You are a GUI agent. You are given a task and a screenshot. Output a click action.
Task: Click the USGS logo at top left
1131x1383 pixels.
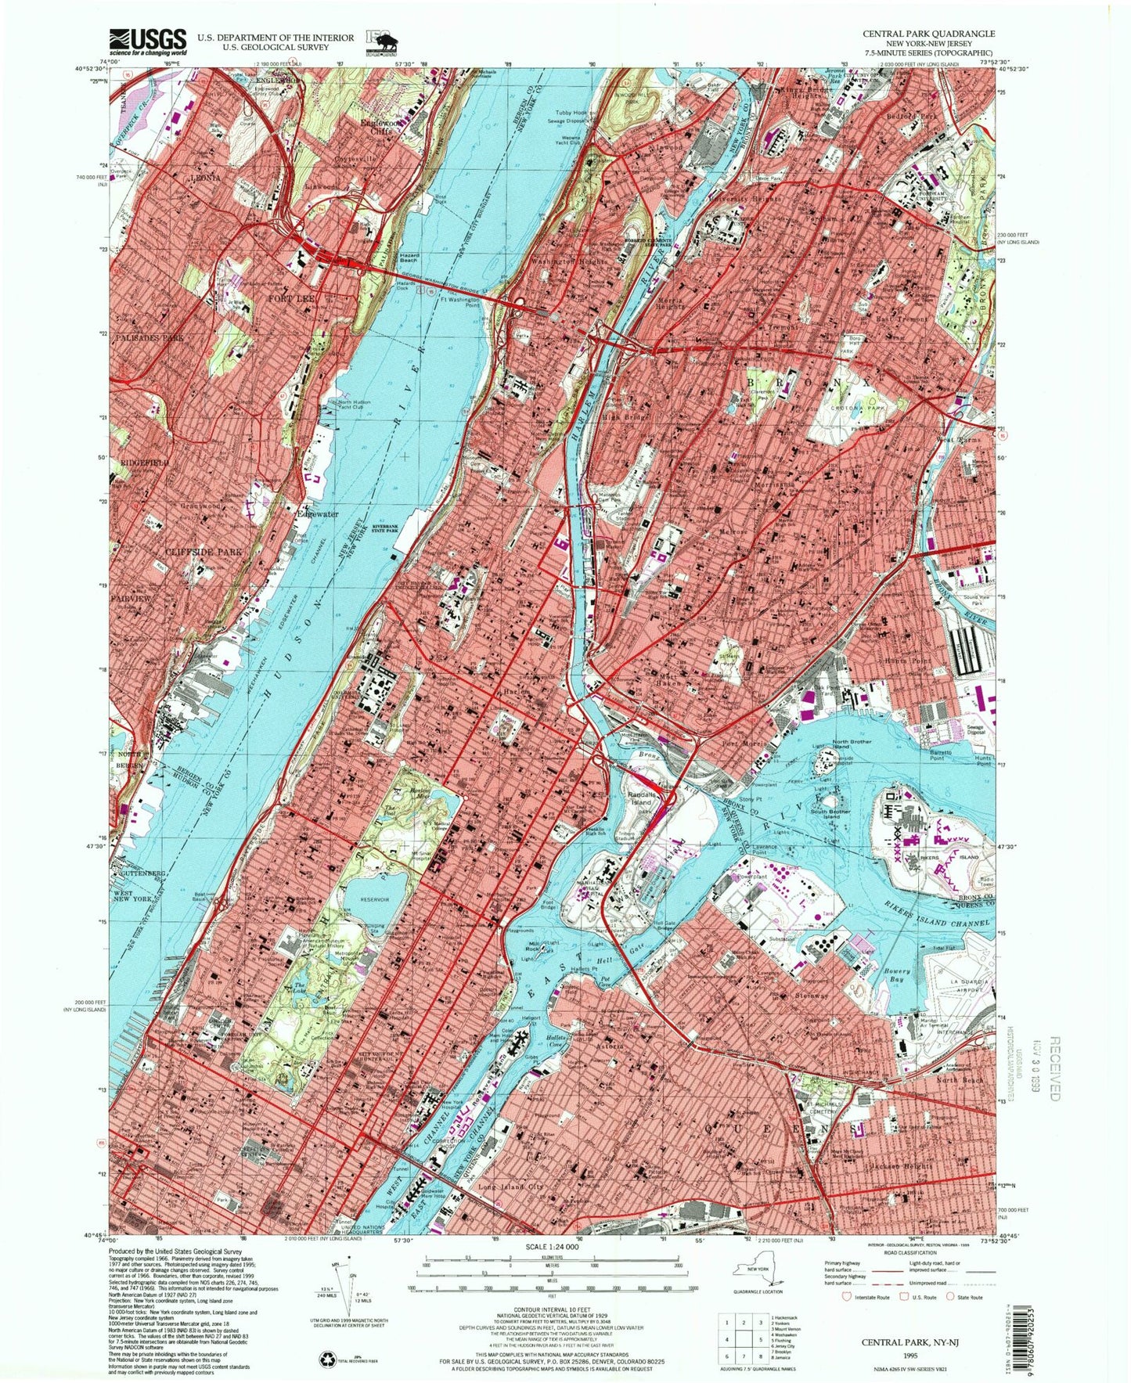(149, 41)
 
